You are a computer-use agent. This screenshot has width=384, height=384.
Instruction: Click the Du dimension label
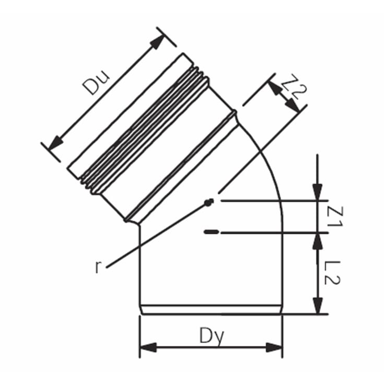[x=96, y=83]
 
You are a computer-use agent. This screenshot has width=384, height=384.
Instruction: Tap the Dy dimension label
[x=212, y=336]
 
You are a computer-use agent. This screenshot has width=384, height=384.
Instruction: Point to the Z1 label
[x=334, y=217]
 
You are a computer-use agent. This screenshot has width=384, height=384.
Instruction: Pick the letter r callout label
[x=98, y=267]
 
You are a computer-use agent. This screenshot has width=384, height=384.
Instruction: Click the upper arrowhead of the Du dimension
[x=157, y=42]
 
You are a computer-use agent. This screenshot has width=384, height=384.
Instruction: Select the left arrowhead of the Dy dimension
[x=148, y=348]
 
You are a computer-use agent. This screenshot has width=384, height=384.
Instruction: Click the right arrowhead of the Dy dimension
[x=274, y=348]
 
